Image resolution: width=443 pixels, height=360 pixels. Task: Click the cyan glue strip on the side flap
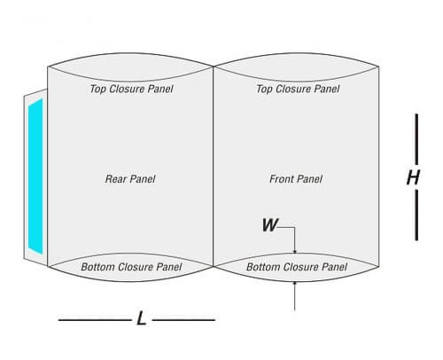pyautogui.click(x=35, y=176)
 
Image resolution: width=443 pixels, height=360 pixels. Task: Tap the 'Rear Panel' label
pyautogui.click(x=130, y=179)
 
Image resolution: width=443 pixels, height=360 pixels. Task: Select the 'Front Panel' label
pyautogui.click(x=296, y=179)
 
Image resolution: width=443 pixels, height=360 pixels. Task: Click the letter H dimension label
pyautogui.click(x=413, y=177)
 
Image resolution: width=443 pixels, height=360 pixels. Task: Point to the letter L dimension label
pyautogui.click(x=142, y=318)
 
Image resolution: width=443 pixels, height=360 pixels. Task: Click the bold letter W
pyautogui.click(x=270, y=225)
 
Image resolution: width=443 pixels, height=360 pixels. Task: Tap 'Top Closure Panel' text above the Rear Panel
pyautogui.click(x=131, y=89)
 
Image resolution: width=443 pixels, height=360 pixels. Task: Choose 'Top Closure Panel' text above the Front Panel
pyautogui.click(x=298, y=89)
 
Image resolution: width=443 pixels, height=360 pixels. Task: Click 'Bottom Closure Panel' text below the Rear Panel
pyautogui.click(x=131, y=267)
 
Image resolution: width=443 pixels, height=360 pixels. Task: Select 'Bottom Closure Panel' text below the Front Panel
pyautogui.click(x=297, y=267)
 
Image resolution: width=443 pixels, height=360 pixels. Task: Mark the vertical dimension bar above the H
pyautogui.click(x=416, y=139)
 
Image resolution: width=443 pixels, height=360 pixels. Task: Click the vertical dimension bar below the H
pyautogui.click(x=416, y=215)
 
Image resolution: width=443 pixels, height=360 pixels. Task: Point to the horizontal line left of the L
pyautogui.click(x=95, y=320)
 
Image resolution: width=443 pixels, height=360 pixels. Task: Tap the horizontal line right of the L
pyautogui.click(x=183, y=320)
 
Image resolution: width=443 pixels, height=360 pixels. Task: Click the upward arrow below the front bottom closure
pyautogui.click(x=294, y=296)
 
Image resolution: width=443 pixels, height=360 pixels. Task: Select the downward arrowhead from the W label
pyautogui.click(x=294, y=251)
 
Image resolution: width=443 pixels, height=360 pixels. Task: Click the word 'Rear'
pyautogui.click(x=116, y=179)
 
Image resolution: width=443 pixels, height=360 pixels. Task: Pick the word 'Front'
pyautogui.click(x=282, y=179)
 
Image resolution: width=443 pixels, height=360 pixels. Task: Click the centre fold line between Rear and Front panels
pyautogui.click(x=214, y=167)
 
